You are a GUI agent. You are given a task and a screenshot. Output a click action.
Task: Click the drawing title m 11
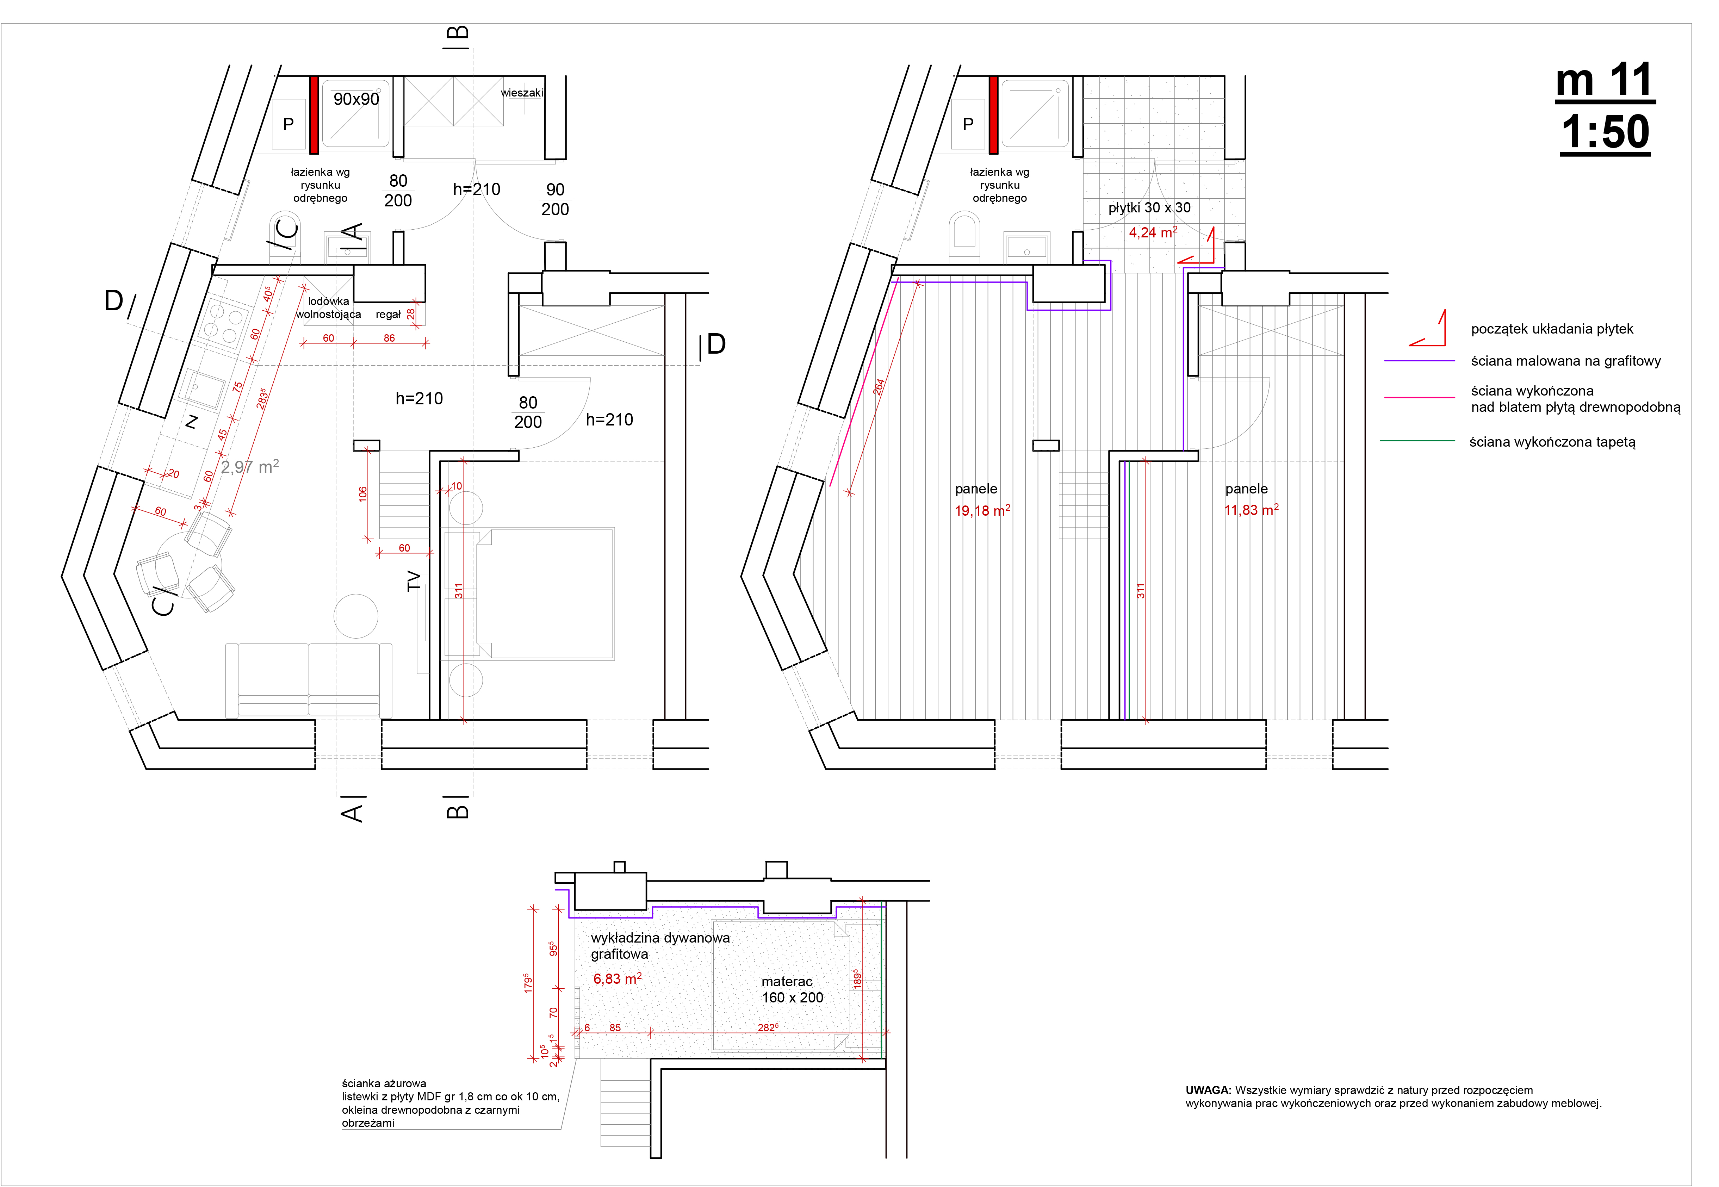(1605, 80)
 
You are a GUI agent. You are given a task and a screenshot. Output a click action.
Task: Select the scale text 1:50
(1605, 132)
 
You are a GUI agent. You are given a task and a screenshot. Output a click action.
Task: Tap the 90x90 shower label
(356, 99)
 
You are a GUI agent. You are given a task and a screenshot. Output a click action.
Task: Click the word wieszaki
(521, 93)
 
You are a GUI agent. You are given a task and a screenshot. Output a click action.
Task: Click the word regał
(388, 315)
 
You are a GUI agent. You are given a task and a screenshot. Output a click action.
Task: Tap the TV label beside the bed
(414, 581)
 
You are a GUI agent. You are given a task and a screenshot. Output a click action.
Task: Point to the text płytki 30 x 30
(1149, 208)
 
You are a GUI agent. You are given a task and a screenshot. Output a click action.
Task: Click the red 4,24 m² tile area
(1153, 232)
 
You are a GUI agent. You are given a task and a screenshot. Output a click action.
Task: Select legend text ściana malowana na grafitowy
(1566, 361)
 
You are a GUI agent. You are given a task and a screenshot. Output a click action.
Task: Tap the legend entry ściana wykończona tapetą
(1552, 442)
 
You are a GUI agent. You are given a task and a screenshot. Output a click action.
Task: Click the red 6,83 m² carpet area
(618, 979)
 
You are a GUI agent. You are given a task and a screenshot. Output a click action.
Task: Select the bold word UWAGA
(1208, 1090)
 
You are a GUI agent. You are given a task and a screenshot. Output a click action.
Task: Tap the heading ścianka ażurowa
(384, 1083)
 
